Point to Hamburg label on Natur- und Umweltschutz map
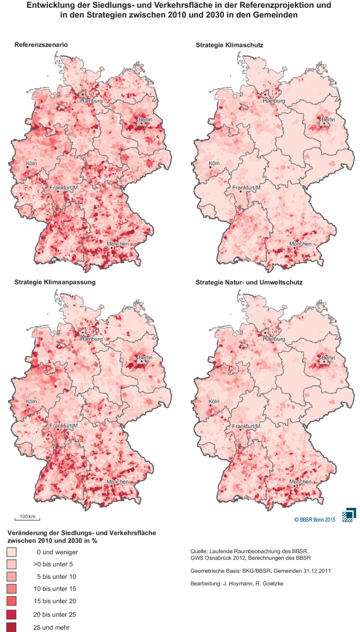point(273,339)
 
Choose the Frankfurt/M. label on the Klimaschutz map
point(247,188)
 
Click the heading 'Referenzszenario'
point(40,45)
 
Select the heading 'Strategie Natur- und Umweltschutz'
point(249,282)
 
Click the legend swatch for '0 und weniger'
point(12,552)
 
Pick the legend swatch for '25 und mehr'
point(12,627)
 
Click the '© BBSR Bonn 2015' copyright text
point(314,520)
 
